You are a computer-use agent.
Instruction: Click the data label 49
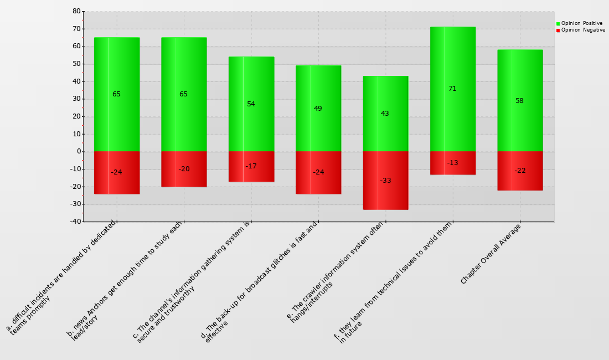[x=318, y=109]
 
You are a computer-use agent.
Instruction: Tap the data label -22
[x=520, y=171]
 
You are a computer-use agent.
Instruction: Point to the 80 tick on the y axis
[x=76, y=11]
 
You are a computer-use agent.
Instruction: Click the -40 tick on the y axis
[x=75, y=222]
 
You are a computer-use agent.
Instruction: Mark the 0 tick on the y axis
[x=78, y=151]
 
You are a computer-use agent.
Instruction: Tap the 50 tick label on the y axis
[x=76, y=64]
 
